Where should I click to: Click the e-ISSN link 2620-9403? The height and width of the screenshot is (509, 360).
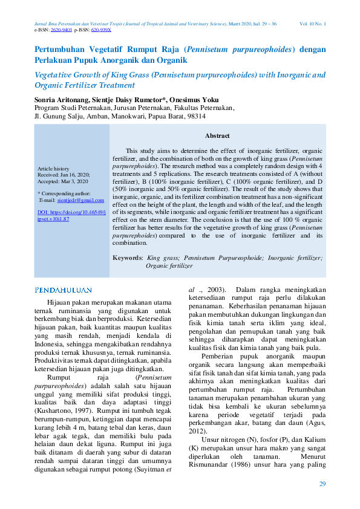pyautogui.click(x=62, y=29)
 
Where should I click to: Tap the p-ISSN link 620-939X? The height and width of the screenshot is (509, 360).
pyautogui.click(x=101, y=29)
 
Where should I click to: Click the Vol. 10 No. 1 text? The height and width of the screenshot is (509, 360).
pyautogui.click(x=313, y=24)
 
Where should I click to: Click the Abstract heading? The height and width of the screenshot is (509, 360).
pyautogui.click(x=217, y=136)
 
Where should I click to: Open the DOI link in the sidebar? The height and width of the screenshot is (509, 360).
pyautogui.click(x=71, y=216)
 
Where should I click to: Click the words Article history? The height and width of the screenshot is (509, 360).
pyautogui.click(x=53, y=169)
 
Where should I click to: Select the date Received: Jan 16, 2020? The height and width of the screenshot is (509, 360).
pyautogui.click(x=63, y=175)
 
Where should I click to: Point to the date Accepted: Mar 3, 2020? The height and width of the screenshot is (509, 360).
pyautogui.click(x=62, y=181)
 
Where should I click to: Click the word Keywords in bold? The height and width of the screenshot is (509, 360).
pyautogui.click(x=128, y=258)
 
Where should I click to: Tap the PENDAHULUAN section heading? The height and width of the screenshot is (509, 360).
pyautogui.click(x=64, y=290)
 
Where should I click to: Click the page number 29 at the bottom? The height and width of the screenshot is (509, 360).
pyautogui.click(x=322, y=484)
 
